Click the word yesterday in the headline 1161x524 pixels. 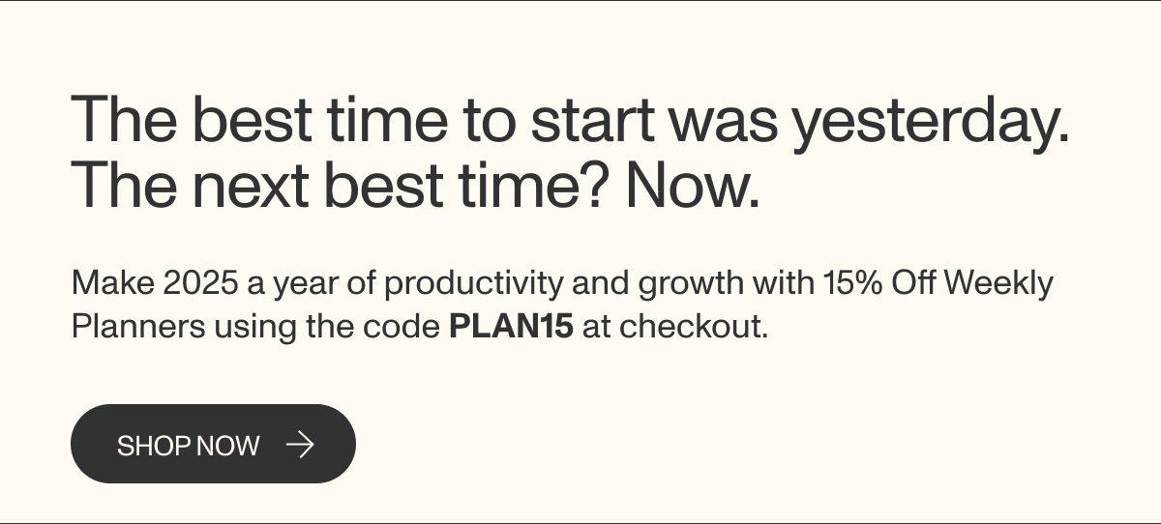pos(932,123)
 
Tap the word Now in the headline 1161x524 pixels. pos(693,185)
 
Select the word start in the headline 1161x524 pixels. pos(592,120)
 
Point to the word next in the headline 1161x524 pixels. pos(251,187)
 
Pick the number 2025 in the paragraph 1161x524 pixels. pos(200,282)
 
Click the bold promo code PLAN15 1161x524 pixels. pos(511,326)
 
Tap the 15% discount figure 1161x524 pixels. pos(852,282)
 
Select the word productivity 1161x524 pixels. pos(474,284)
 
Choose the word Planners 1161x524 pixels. pos(138,326)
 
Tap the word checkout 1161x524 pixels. pos(694,326)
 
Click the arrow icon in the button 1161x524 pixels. pos(301,445)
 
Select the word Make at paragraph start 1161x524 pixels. pos(113,282)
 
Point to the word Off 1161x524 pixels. pos(913,282)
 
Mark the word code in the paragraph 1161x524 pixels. pos(402,326)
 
